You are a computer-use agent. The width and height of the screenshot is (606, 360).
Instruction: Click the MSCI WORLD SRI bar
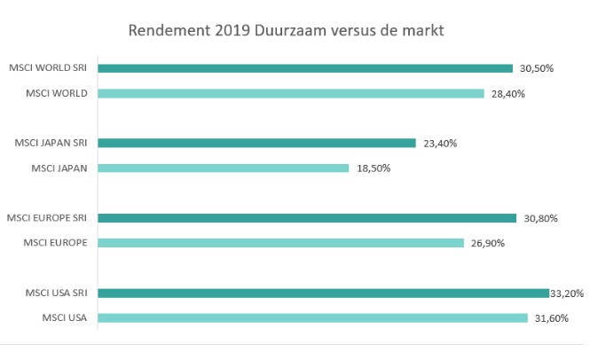coord(305,68)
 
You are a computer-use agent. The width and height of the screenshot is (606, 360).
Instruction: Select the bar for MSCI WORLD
coord(290,93)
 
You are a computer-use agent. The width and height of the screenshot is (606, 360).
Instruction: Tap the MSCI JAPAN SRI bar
coord(256,143)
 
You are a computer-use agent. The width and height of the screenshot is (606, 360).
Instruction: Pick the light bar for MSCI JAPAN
coord(223,168)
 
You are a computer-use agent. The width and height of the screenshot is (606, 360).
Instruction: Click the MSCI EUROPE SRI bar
coord(307,218)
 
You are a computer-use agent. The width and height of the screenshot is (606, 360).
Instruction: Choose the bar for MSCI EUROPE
coord(280,243)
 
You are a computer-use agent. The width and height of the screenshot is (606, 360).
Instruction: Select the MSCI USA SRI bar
coord(323,293)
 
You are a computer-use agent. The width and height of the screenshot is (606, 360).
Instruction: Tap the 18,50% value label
coord(373,168)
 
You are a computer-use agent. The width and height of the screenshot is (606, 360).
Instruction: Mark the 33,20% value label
coord(567,293)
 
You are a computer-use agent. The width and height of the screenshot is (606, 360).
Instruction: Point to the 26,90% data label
coord(488,243)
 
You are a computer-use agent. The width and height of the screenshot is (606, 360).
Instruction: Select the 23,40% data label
coord(440,143)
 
